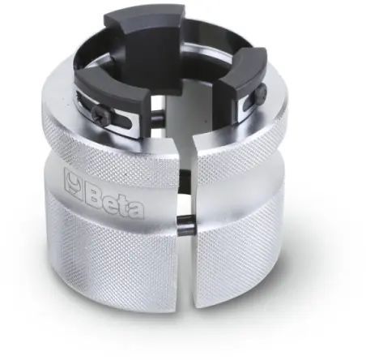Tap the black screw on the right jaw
coord(262,91)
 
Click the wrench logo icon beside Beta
coord(74,183)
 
